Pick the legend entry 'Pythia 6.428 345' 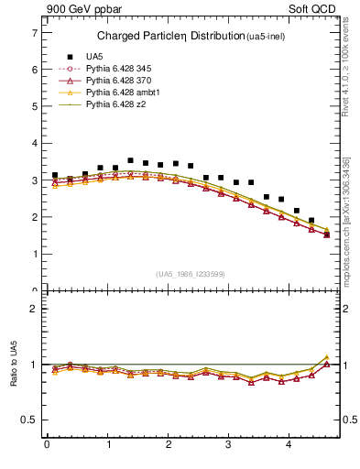[117, 69]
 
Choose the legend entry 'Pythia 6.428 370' [117, 81]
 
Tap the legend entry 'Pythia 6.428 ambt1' [120, 93]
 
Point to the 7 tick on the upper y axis [34, 32]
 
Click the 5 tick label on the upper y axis [34, 106]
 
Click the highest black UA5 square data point [131, 160]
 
